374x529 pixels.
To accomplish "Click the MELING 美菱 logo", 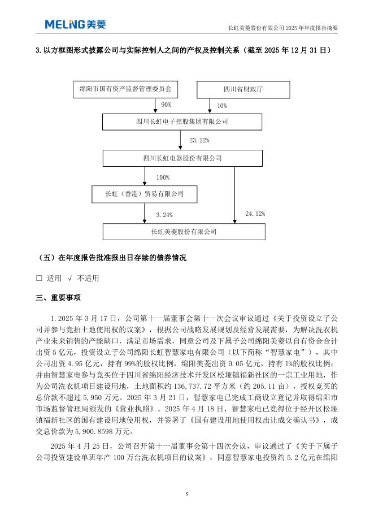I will tap(75, 24).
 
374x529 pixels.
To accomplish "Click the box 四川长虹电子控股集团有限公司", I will tap(182, 122).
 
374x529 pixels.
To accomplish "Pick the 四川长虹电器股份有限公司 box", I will tap(182, 158).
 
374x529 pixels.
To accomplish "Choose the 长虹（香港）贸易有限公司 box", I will tap(145, 194).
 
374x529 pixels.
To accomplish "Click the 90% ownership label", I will tap(166, 105).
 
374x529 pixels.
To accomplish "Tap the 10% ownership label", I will tap(221, 106).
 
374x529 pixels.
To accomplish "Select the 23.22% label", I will tap(200, 140).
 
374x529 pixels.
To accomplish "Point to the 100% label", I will tap(163, 177).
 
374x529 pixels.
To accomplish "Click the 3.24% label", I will tap(164, 215).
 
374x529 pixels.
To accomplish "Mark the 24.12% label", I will tap(255, 214).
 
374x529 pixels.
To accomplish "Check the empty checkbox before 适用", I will tap(39, 278).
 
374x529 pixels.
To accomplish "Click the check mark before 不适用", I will tap(69, 278).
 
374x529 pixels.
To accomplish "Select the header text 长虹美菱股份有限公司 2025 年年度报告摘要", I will tap(282, 27).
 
